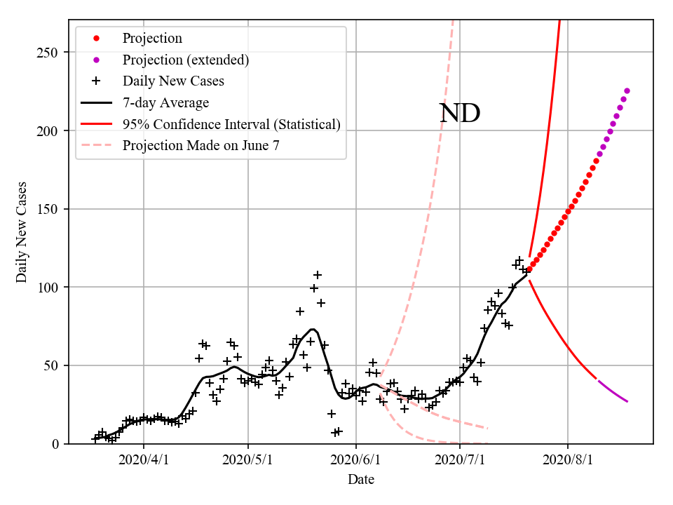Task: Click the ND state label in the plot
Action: click(x=459, y=114)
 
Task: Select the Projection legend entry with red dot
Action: click(x=152, y=39)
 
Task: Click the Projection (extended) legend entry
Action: click(x=186, y=60)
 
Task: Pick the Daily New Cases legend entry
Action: click(x=173, y=81)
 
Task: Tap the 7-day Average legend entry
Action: click(x=165, y=103)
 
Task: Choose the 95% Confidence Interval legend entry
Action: click(x=231, y=125)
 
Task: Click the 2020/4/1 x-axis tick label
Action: click(x=144, y=461)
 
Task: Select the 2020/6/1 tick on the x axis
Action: click(x=356, y=461)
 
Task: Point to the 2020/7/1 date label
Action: click(x=460, y=461)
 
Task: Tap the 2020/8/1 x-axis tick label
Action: click(x=568, y=461)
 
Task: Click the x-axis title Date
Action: click(x=360, y=480)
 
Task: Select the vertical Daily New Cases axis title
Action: click(x=22, y=231)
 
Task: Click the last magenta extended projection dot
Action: click(x=627, y=90)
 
